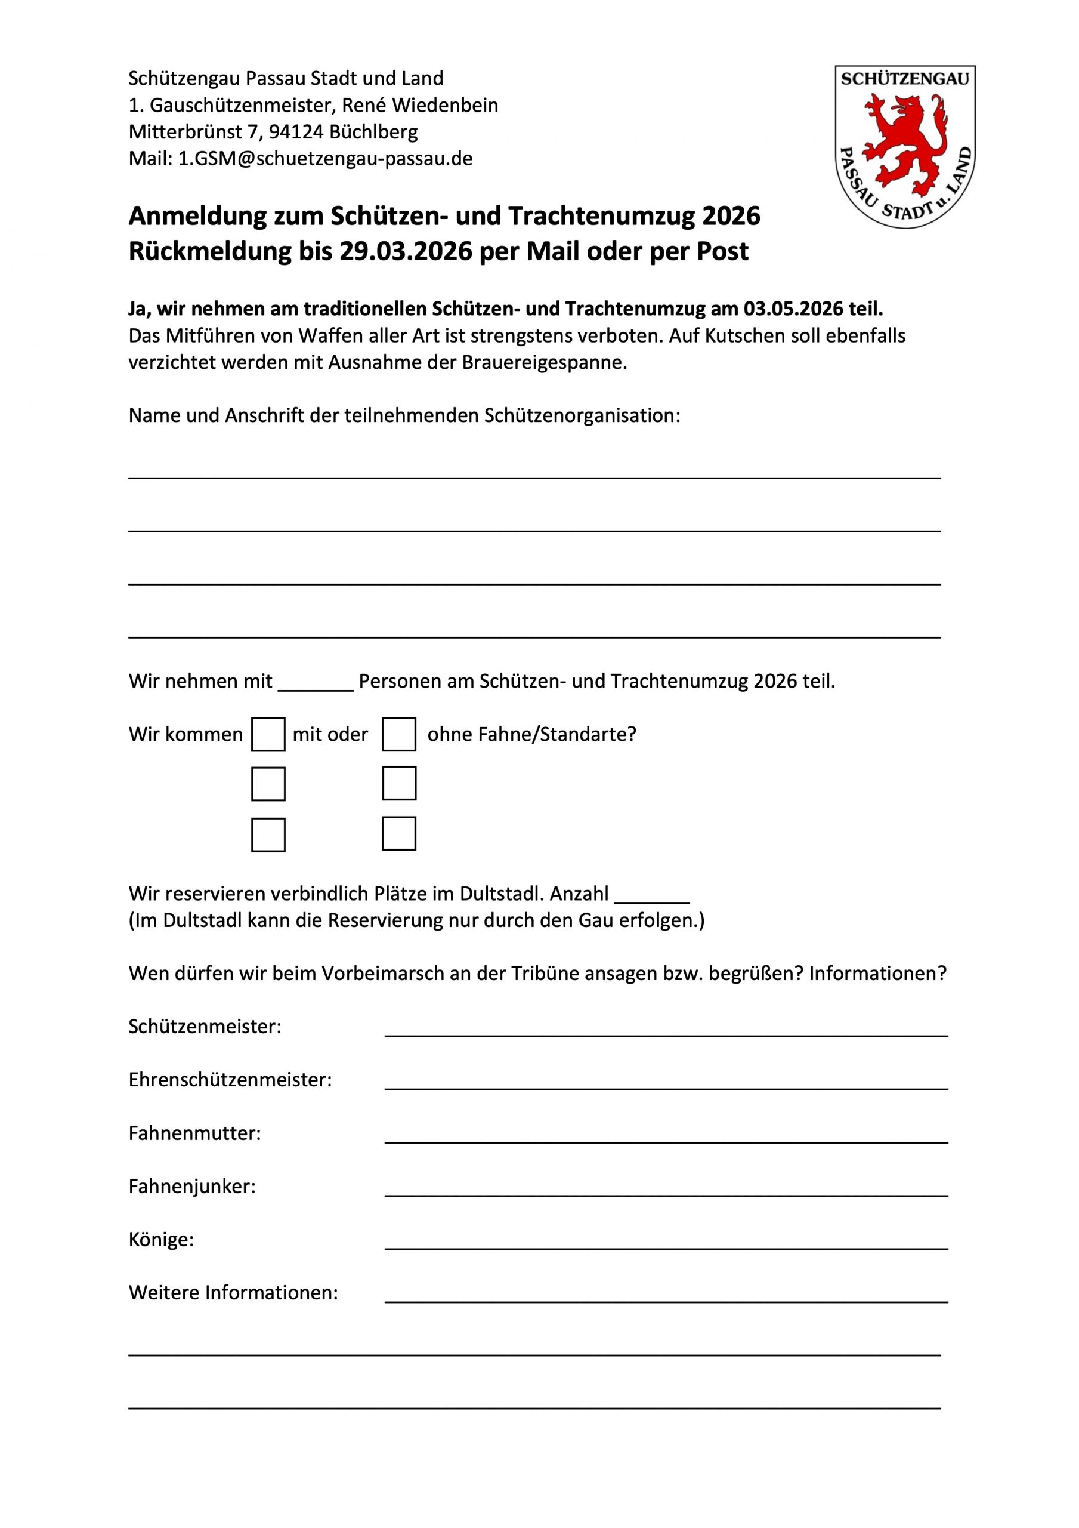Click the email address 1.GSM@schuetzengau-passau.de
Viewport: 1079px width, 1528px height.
pos(325,158)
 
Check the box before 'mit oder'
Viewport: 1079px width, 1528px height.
pos(268,734)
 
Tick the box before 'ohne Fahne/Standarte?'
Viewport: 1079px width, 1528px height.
pos(398,734)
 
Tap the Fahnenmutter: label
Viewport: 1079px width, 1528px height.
pos(194,1133)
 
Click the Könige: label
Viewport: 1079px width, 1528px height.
pos(161,1240)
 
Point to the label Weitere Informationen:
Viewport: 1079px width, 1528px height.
pos(233,1293)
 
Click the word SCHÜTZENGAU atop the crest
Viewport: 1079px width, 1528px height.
pos(905,79)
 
